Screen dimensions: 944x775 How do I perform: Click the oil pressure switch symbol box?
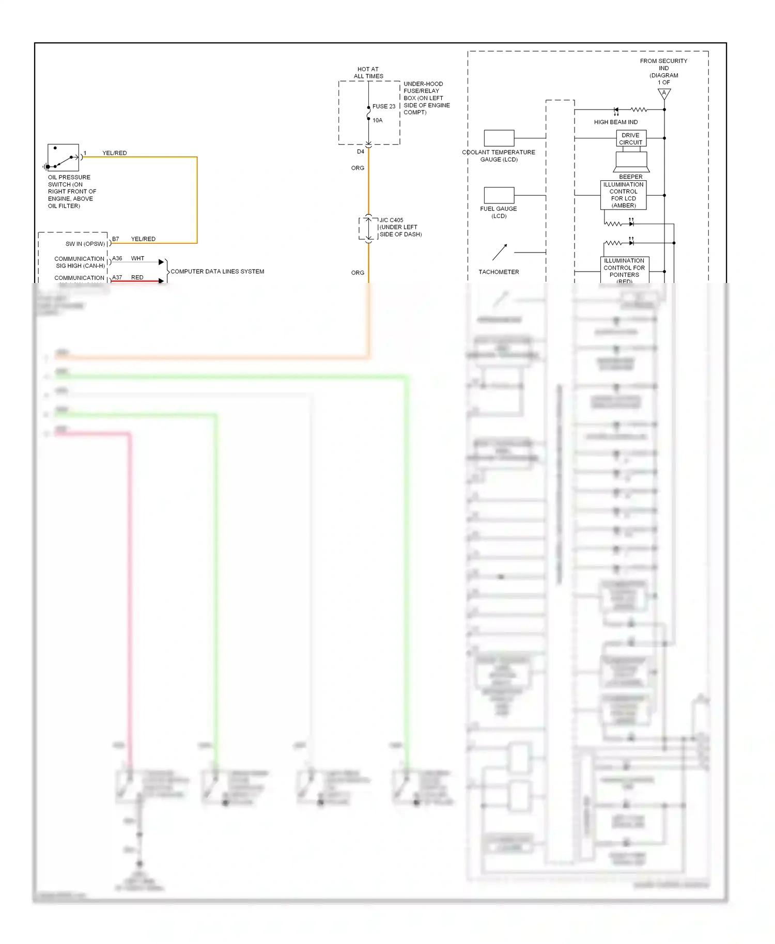click(63, 158)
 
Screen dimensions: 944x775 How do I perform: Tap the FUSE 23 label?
click(384, 106)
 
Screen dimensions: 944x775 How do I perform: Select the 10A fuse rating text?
click(378, 120)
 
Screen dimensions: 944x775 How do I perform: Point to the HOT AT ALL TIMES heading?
click(368, 72)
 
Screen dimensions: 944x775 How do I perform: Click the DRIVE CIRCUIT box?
click(631, 138)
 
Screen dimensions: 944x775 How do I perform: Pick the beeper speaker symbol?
click(631, 162)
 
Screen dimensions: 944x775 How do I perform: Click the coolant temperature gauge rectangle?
click(499, 138)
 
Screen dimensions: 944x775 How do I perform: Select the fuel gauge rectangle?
click(499, 195)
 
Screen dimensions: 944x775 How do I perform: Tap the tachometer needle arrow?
click(500, 252)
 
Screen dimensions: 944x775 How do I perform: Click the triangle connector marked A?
click(664, 94)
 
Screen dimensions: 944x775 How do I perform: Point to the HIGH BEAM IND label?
click(615, 122)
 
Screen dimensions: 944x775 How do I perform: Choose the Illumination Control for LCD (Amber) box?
click(623, 195)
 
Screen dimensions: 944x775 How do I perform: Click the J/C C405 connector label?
click(392, 220)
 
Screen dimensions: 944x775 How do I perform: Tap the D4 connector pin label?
click(361, 152)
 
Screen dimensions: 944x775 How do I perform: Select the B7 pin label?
click(116, 239)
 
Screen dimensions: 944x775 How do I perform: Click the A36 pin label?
click(117, 258)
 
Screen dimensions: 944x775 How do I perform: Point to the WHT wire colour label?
click(137, 258)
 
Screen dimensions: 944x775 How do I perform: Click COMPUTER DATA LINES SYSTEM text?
click(217, 272)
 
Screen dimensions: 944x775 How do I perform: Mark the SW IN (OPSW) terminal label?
click(85, 244)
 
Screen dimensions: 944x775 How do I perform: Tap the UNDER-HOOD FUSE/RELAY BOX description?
click(426, 98)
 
